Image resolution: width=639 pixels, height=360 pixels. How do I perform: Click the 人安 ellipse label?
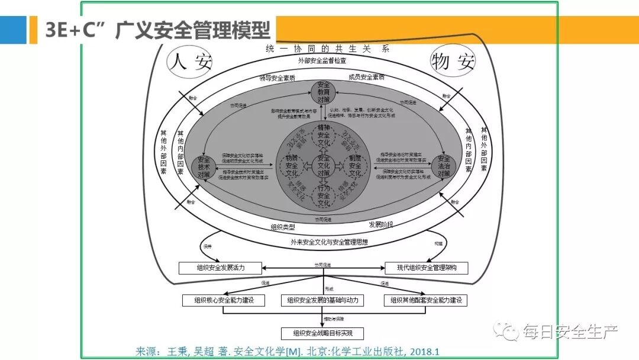[x=189, y=62]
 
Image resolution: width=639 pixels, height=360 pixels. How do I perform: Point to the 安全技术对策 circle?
[x=205, y=166]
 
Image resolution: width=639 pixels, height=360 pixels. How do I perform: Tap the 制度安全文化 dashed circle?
[x=354, y=166]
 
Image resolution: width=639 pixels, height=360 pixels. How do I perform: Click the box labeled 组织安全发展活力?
[x=220, y=268]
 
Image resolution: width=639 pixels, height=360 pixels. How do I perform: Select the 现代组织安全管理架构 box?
[x=427, y=268]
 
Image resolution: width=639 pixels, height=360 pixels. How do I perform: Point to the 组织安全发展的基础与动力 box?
[x=322, y=300]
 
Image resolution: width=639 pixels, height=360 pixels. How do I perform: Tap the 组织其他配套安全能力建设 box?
[x=425, y=300]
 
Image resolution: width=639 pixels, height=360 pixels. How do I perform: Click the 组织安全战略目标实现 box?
[x=322, y=333]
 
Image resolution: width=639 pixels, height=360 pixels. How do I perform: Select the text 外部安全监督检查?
[x=322, y=60]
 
